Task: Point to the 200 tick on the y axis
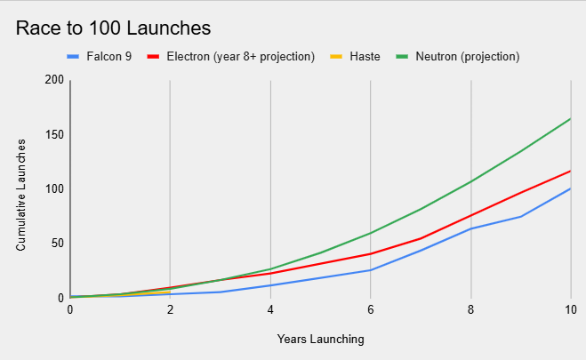click(x=55, y=80)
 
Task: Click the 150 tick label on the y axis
click(x=55, y=134)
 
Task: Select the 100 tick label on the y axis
click(x=55, y=188)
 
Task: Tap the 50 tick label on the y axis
click(x=58, y=243)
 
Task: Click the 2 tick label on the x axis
click(x=170, y=309)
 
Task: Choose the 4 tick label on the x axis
click(x=270, y=309)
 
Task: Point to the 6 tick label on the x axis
click(x=370, y=309)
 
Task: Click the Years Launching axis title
click(x=319, y=339)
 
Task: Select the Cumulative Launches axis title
click(x=20, y=189)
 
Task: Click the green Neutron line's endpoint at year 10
click(x=570, y=118)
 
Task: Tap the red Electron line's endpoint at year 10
click(x=570, y=171)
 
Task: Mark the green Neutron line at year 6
click(x=370, y=233)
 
